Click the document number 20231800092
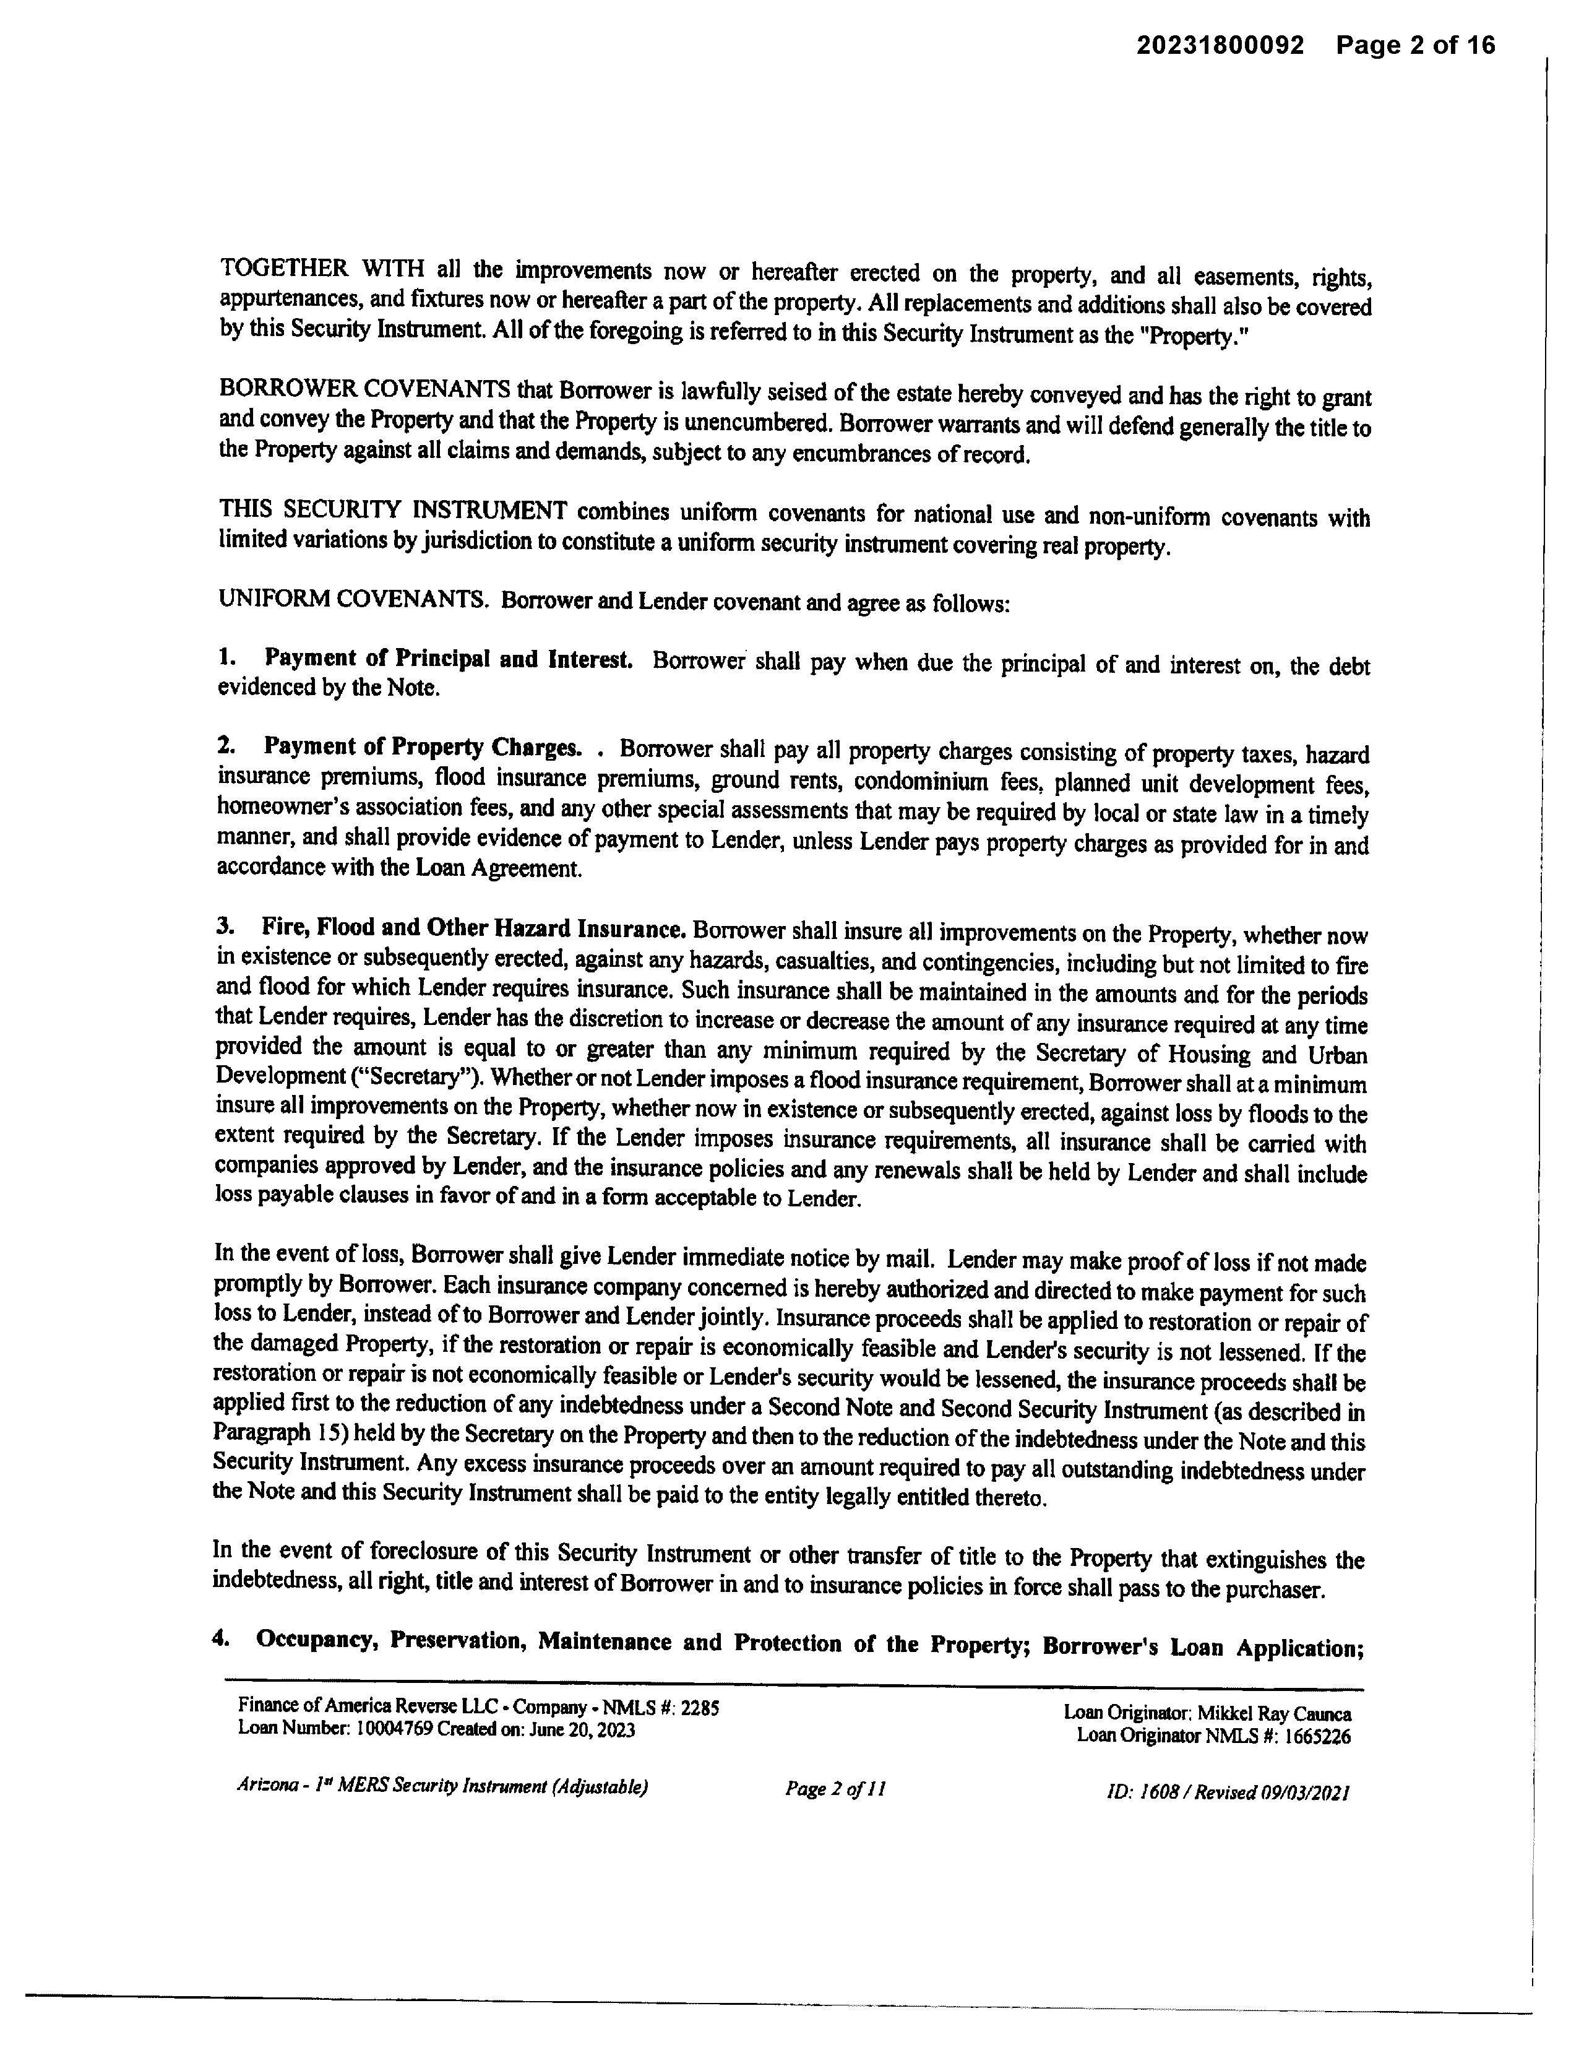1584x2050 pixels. (1220, 45)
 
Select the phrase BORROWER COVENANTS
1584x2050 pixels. (364, 389)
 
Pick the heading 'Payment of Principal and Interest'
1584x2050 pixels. (447, 659)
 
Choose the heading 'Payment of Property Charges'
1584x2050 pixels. (421, 747)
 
